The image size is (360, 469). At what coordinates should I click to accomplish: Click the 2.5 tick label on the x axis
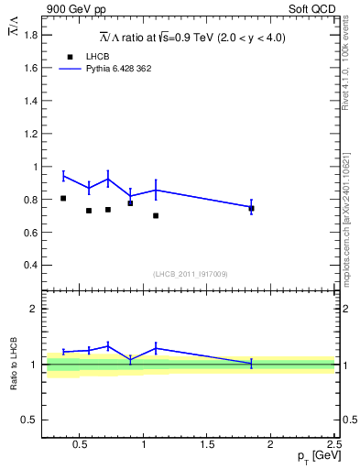(333, 445)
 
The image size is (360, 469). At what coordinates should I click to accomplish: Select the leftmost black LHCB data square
(63, 198)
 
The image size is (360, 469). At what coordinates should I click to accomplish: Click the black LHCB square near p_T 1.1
(156, 215)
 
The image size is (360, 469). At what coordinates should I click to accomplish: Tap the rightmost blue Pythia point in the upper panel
(251, 207)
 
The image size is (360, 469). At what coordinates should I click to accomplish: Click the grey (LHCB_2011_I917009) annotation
(191, 274)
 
